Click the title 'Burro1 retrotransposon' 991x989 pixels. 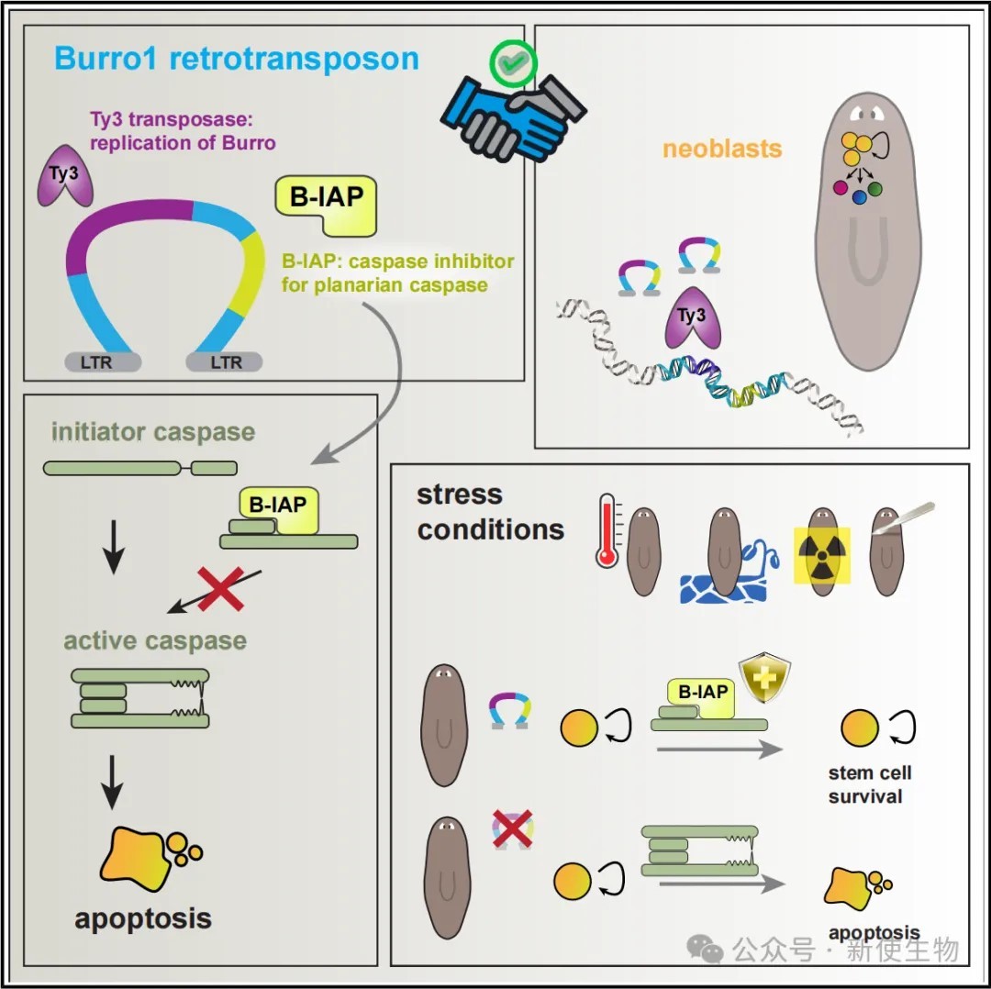click(237, 59)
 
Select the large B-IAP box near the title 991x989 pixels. click(326, 202)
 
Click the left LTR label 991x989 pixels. click(96, 361)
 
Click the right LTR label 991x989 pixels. click(226, 361)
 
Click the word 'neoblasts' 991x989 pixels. click(722, 148)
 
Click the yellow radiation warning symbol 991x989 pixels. click(823, 554)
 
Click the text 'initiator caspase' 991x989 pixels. click(153, 432)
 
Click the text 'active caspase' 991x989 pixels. click(155, 640)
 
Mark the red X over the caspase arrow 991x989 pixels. click(220, 588)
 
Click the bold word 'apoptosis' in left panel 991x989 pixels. click(143, 917)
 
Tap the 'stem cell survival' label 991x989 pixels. click(870, 784)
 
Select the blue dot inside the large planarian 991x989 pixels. click(860, 196)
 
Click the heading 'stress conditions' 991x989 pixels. click(490, 512)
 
